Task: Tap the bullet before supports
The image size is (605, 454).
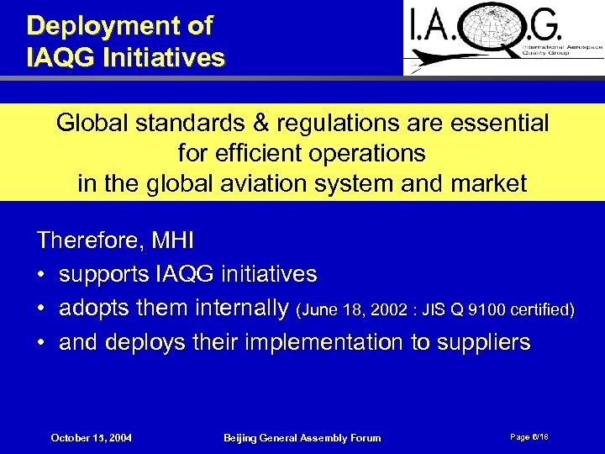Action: (x=41, y=274)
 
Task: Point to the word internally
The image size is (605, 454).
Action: (x=240, y=309)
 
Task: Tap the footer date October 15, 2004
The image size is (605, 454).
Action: (x=91, y=438)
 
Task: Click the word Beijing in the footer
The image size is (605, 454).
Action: (x=242, y=438)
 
